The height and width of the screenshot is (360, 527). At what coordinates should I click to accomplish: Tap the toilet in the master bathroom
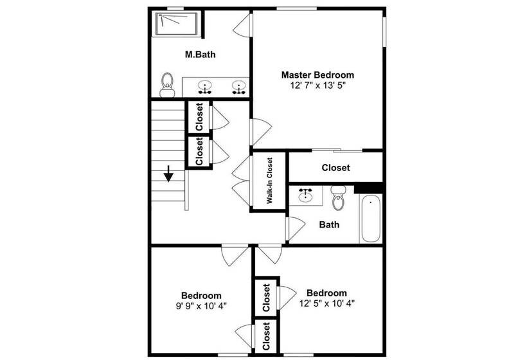click(x=168, y=84)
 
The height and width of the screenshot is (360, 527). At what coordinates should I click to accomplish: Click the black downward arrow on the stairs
click(x=168, y=174)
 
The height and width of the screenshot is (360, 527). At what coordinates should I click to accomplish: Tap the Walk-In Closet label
click(x=270, y=181)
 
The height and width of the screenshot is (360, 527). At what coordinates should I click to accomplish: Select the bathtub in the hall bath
click(x=371, y=218)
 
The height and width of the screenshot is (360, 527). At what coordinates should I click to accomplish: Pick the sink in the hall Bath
click(x=305, y=195)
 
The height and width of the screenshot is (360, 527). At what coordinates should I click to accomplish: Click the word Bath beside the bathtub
click(x=329, y=224)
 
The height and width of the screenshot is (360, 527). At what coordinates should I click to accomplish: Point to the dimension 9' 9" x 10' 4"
click(x=201, y=305)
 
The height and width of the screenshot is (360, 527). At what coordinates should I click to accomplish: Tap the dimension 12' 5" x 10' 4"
click(x=326, y=303)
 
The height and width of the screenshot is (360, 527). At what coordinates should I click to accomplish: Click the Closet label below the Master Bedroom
click(x=335, y=168)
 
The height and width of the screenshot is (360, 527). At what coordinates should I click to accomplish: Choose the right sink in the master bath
click(x=239, y=86)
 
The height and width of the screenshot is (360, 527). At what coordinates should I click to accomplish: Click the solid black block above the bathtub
click(x=368, y=187)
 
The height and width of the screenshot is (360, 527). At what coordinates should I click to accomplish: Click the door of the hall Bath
click(x=296, y=228)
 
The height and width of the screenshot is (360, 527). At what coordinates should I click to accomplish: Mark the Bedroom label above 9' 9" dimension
click(x=201, y=295)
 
